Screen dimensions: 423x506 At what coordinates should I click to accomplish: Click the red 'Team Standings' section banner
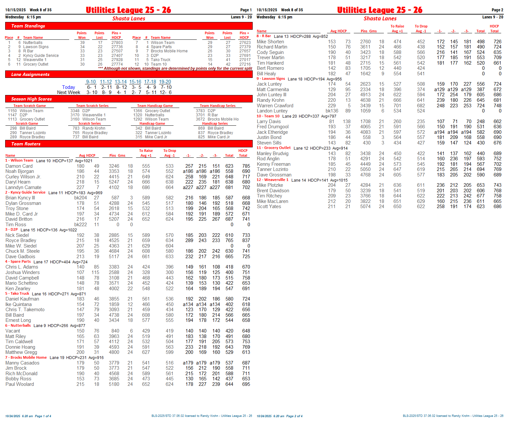(x=28, y=26)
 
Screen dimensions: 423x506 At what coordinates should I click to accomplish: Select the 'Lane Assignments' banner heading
(x=30, y=75)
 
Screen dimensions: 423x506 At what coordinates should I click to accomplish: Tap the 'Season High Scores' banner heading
(x=31, y=99)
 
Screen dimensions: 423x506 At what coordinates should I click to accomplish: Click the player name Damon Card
(x=19, y=166)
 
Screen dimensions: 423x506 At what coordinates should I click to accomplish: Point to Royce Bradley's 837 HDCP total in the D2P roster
(x=246, y=240)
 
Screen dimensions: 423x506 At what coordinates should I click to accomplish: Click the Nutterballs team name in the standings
(x=33, y=43)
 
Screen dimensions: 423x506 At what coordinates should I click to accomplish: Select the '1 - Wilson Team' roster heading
(x=19, y=161)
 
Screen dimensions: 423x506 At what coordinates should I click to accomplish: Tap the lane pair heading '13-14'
(x=121, y=82)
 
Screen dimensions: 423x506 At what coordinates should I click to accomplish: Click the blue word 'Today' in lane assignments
(x=69, y=87)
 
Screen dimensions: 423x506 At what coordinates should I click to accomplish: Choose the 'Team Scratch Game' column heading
(x=29, y=106)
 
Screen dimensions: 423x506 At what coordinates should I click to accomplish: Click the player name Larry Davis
(x=269, y=122)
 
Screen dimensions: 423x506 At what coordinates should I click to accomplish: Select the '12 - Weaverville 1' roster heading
(x=272, y=180)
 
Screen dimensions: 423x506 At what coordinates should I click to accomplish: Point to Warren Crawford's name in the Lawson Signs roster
(x=275, y=106)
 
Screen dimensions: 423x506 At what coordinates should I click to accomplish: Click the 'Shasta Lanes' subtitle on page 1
(x=129, y=19)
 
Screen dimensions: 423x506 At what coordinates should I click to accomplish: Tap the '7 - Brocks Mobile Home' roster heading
(x=26, y=358)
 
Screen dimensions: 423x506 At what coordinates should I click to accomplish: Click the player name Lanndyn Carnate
(x=23, y=187)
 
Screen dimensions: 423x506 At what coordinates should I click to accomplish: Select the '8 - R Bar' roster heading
(x=264, y=36)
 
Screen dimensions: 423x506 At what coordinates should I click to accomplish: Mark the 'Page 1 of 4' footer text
(x=43, y=416)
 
